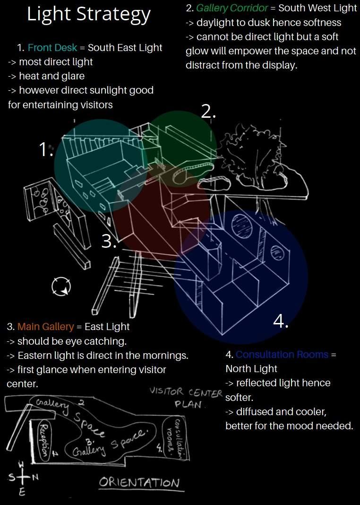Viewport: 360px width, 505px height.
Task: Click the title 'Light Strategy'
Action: coord(89,15)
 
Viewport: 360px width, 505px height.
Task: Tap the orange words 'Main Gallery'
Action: coord(45,327)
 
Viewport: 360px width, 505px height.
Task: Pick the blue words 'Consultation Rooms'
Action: coord(282,355)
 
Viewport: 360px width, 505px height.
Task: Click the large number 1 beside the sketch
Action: coord(46,149)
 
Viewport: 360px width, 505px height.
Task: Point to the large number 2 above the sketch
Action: coord(208,111)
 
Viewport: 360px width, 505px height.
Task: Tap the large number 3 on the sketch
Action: coord(109,241)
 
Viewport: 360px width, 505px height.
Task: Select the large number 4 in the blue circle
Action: coord(281,322)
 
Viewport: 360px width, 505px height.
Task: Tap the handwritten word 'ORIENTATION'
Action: coord(139,483)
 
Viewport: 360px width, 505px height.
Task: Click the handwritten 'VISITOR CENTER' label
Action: coord(186,392)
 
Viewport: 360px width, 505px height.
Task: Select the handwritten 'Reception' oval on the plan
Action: coord(43,440)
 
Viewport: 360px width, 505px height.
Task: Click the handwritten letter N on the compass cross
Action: coord(35,478)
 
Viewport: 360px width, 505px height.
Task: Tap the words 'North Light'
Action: coord(251,368)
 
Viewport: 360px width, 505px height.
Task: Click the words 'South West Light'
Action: coord(317,8)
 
